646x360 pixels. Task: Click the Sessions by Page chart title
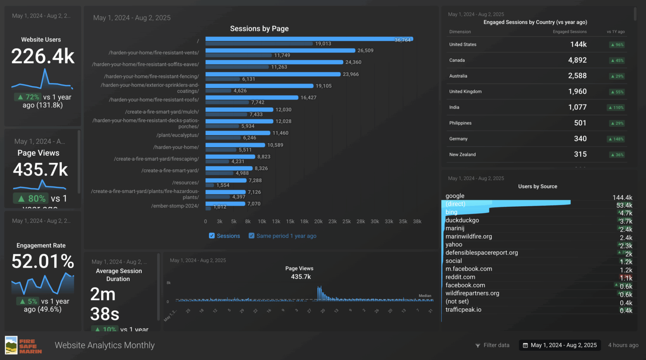click(x=259, y=29)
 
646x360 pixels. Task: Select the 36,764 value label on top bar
click(x=403, y=40)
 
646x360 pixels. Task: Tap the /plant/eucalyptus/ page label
click(x=178, y=135)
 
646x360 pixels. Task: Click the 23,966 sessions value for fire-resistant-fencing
click(x=350, y=74)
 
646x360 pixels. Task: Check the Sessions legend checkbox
click(x=212, y=236)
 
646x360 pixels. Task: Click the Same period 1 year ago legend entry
click(x=286, y=236)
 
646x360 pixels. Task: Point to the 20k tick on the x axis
click(x=318, y=222)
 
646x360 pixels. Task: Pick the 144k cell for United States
click(x=578, y=44)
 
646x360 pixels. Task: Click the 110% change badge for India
click(x=617, y=108)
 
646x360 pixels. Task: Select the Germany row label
click(x=458, y=139)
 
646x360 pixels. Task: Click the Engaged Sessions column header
click(x=569, y=31)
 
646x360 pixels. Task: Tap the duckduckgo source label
click(x=462, y=220)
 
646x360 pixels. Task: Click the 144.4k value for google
click(x=622, y=197)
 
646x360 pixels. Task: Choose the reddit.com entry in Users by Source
click(x=460, y=277)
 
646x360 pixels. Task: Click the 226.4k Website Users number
click(x=43, y=56)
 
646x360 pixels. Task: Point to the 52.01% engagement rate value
click(x=43, y=261)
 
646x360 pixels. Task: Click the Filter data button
click(x=492, y=345)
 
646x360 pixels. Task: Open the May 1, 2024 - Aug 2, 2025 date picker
click(x=560, y=345)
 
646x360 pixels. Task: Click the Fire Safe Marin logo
click(x=23, y=345)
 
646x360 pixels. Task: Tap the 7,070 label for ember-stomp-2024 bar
click(x=254, y=204)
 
